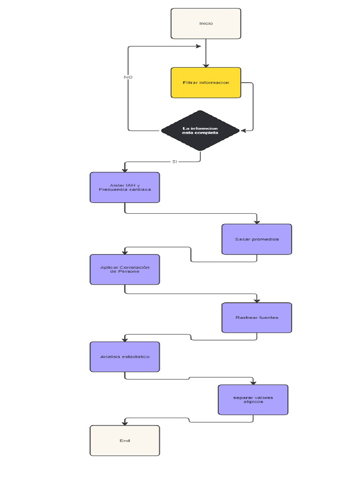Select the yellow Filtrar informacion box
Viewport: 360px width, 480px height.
[x=206, y=83]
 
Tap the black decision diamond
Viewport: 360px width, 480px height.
[x=200, y=130]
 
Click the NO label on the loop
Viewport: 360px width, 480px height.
[x=128, y=76]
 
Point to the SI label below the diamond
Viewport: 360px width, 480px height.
[x=175, y=161]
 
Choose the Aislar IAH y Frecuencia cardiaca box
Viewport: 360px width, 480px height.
[x=125, y=187]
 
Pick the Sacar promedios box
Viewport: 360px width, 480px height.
[x=257, y=239]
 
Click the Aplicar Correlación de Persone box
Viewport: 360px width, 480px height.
[x=125, y=270]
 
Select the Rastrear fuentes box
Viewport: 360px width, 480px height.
[x=257, y=318]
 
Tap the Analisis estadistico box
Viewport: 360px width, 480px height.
[x=125, y=357]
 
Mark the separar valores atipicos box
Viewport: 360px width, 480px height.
[x=253, y=400]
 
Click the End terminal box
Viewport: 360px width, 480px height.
[x=125, y=441]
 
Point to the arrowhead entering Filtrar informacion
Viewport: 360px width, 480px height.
[x=206, y=65]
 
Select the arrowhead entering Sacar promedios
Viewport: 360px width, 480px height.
[x=257, y=221]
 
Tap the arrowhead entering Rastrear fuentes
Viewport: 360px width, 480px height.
[x=257, y=300]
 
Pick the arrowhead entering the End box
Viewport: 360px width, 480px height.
[x=125, y=422]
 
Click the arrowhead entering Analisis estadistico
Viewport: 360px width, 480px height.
[x=125, y=339]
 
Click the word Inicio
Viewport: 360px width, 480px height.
[x=206, y=23]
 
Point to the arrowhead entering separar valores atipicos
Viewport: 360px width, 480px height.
[x=253, y=382]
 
